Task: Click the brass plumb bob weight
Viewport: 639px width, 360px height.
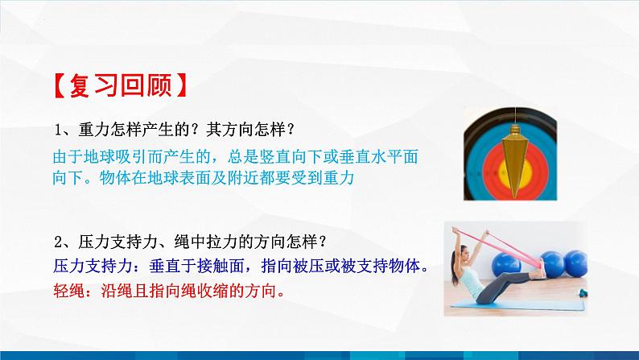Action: click(x=510, y=162)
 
